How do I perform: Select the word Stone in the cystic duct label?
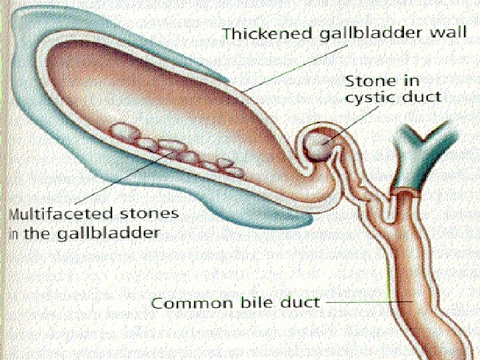[366, 81]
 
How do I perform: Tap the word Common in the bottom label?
[185, 303]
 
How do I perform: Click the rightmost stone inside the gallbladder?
[234, 171]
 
